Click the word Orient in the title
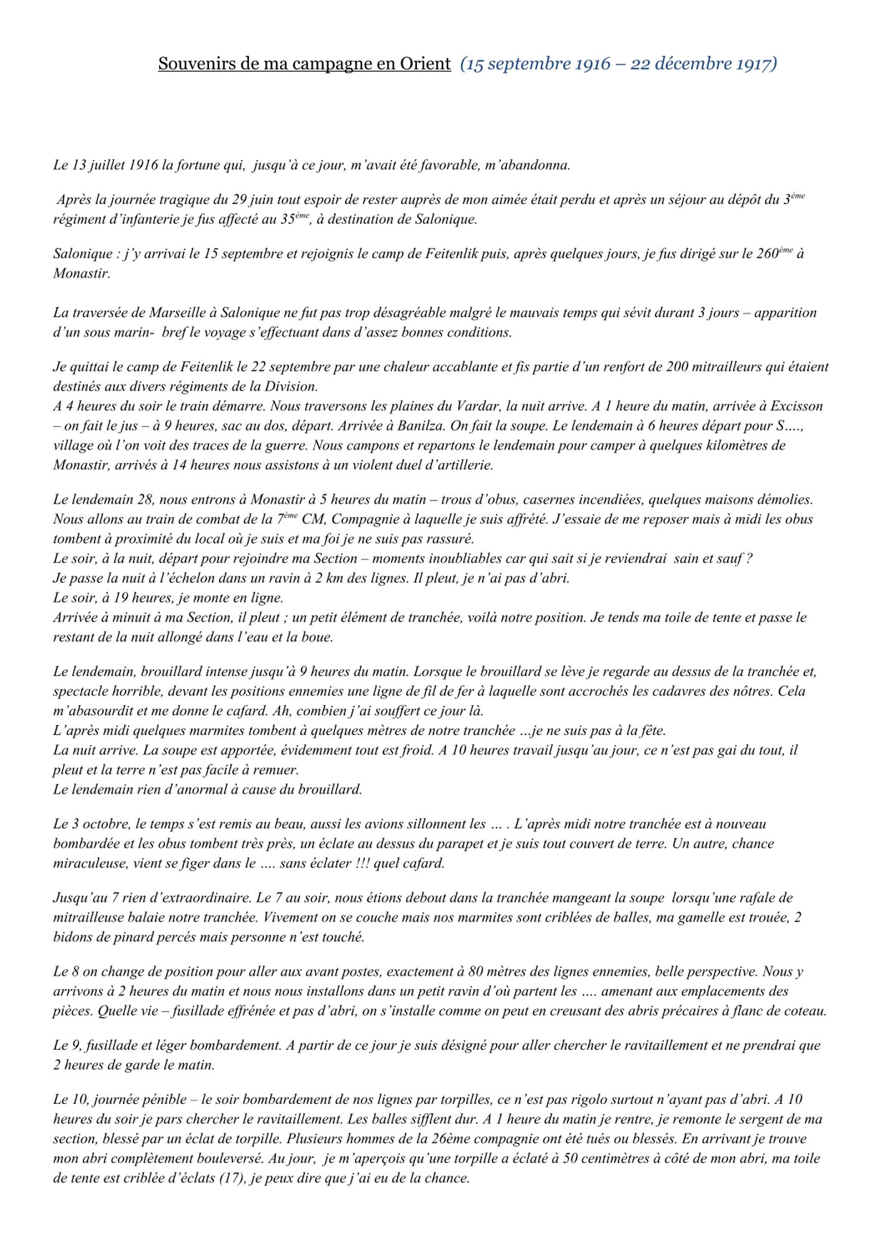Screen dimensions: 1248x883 point(423,64)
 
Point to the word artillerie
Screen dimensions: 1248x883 point(464,466)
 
